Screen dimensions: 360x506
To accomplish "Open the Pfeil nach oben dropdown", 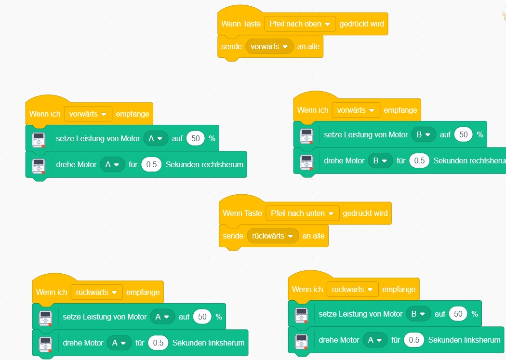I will click(x=300, y=24).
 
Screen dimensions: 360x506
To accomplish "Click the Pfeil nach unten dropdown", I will click(x=302, y=213).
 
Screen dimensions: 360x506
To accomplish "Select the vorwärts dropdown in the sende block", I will click(x=269, y=47).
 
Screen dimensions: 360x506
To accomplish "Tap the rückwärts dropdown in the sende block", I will click(x=272, y=236).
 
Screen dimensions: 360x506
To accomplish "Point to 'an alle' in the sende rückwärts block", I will click(x=313, y=236).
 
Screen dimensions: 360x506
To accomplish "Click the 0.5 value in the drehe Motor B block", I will click(x=419, y=160).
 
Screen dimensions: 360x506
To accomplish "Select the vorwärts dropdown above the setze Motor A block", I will click(x=88, y=114).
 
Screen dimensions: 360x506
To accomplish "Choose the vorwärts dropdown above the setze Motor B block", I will click(x=356, y=110).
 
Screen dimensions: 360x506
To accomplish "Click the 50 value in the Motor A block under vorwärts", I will click(x=195, y=138).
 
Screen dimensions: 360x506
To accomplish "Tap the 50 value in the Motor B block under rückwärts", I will click(x=458, y=314).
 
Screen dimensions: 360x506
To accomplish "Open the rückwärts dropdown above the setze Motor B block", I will click(x=352, y=289).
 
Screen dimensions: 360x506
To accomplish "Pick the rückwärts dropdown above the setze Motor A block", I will click(x=96, y=292).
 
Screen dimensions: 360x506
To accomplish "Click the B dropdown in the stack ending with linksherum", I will click(x=418, y=314).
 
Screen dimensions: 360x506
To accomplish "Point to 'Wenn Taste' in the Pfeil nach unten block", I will click(x=242, y=213).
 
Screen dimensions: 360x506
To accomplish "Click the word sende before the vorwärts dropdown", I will click(x=231, y=47).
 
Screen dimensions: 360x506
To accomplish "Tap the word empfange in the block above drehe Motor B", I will click(x=400, y=110).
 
